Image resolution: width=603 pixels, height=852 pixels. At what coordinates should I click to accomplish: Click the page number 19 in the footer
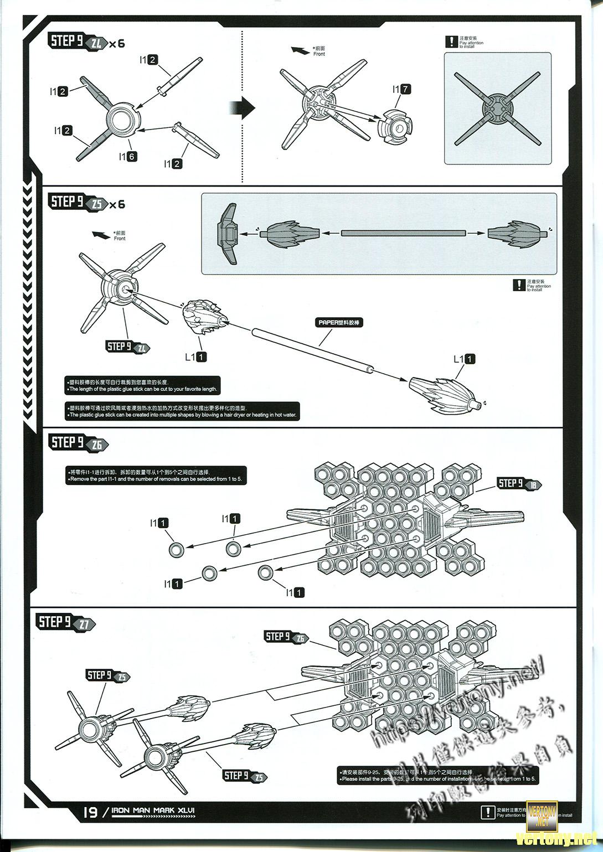tap(90, 812)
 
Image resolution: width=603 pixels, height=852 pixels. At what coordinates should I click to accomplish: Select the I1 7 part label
tap(401, 89)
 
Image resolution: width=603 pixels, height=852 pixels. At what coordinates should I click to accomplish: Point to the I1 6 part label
tap(127, 157)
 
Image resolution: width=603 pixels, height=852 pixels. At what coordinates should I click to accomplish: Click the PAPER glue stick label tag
tap(341, 322)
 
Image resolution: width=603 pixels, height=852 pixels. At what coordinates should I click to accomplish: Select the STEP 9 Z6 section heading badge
tap(77, 443)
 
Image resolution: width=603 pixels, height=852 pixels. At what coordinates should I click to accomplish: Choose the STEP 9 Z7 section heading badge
tap(65, 623)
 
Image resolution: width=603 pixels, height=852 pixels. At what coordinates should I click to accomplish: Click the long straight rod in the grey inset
tap(403, 233)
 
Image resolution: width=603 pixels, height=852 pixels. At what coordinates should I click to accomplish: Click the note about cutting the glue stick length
tap(143, 385)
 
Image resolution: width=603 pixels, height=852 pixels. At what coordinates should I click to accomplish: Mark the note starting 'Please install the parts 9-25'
tap(437, 776)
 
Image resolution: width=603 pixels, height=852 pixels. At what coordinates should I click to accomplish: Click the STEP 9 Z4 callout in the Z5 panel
tap(127, 347)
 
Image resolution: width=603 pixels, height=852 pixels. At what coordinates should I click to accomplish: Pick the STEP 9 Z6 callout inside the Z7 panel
tap(286, 637)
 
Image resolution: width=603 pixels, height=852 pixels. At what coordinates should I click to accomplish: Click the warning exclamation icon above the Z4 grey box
tap(451, 42)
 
